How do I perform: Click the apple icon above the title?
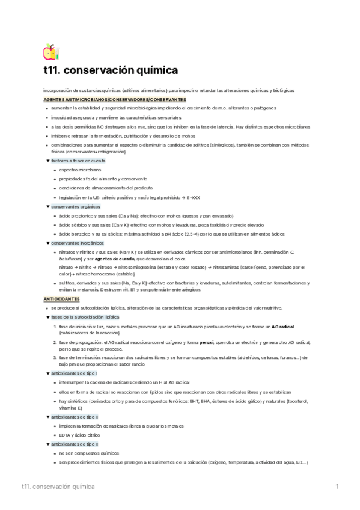coord(50,51)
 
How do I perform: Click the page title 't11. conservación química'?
coord(111,70)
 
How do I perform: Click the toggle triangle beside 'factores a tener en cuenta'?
coord(47,161)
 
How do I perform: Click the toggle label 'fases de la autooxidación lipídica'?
coord(85,317)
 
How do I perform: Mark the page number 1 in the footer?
coord(337,486)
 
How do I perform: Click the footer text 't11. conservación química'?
coord(57,486)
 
